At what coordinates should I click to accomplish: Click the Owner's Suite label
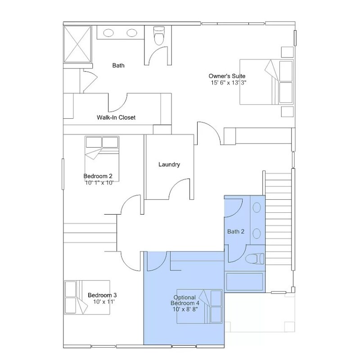coord(227,76)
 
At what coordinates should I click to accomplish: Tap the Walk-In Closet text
coord(116,117)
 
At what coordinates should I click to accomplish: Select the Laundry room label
coord(169,164)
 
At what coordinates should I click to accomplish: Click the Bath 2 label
coord(235,231)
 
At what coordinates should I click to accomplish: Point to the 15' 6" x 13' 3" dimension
coord(229,83)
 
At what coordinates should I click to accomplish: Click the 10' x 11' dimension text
coord(104,301)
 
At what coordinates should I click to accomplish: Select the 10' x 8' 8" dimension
coord(185,309)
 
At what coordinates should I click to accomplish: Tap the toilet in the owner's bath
coord(159,36)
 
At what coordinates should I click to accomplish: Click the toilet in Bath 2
coord(255,259)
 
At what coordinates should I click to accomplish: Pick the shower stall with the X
coord(77,44)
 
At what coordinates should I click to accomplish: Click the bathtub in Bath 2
coord(245,282)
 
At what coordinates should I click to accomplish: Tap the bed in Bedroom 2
coord(102,159)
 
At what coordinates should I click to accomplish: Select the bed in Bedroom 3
coord(87,297)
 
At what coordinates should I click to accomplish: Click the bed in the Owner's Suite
coord(266,82)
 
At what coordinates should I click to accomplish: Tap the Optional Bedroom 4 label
coord(185,300)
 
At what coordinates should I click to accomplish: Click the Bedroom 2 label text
coord(98,176)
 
